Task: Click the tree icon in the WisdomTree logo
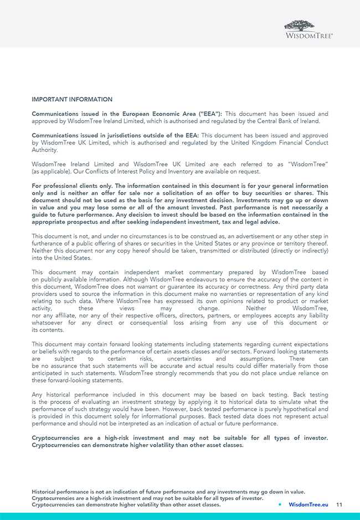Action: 300,25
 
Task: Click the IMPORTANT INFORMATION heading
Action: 72,100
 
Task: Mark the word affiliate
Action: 65,316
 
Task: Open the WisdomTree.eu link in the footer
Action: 308,505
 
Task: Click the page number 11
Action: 339,505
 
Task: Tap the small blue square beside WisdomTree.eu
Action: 280,505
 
